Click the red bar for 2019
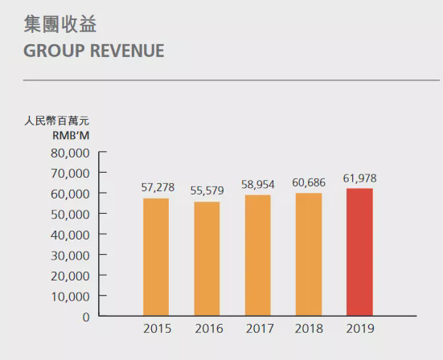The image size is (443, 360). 359,252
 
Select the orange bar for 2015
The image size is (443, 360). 156,256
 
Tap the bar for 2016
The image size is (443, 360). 207,258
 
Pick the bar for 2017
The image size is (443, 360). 257,255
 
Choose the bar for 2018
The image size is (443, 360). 308,253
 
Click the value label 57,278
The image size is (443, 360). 157,187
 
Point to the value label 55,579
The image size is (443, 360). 207,191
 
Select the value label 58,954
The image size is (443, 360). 257,184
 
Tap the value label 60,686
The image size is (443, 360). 309,182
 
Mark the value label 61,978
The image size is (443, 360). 359,178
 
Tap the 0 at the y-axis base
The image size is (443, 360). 85,316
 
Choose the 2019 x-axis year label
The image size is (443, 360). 359,329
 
